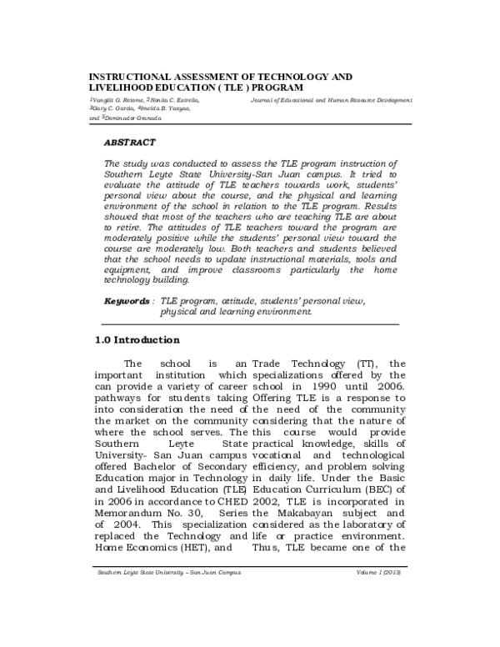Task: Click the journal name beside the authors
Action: [x=331, y=99]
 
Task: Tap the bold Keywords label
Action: [x=127, y=299]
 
